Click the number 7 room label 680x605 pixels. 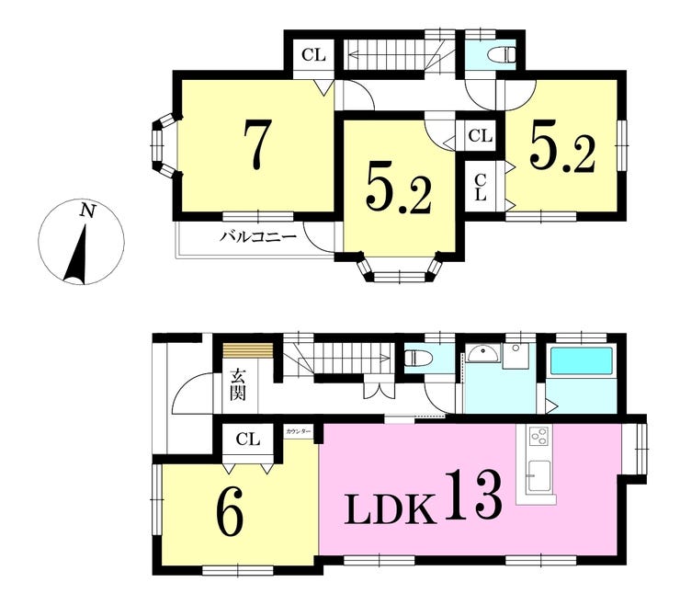[x=257, y=144]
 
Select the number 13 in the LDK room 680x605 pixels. [x=473, y=495]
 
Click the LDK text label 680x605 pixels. [x=390, y=509]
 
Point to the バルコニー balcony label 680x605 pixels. [x=259, y=237]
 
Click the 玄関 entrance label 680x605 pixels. [x=238, y=384]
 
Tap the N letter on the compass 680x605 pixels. [x=87, y=211]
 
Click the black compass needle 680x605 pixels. [x=77, y=254]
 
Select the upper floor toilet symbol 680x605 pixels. [x=503, y=55]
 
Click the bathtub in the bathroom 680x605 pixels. [x=581, y=362]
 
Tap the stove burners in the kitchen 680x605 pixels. [x=539, y=435]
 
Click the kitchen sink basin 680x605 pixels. [x=538, y=476]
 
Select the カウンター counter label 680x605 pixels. [x=298, y=432]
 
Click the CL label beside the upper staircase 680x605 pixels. [x=313, y=55]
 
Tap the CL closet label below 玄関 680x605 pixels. [x=247, y=439]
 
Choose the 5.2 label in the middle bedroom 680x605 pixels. [x=399, y=190]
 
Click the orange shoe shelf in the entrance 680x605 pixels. [x=247, y=350]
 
